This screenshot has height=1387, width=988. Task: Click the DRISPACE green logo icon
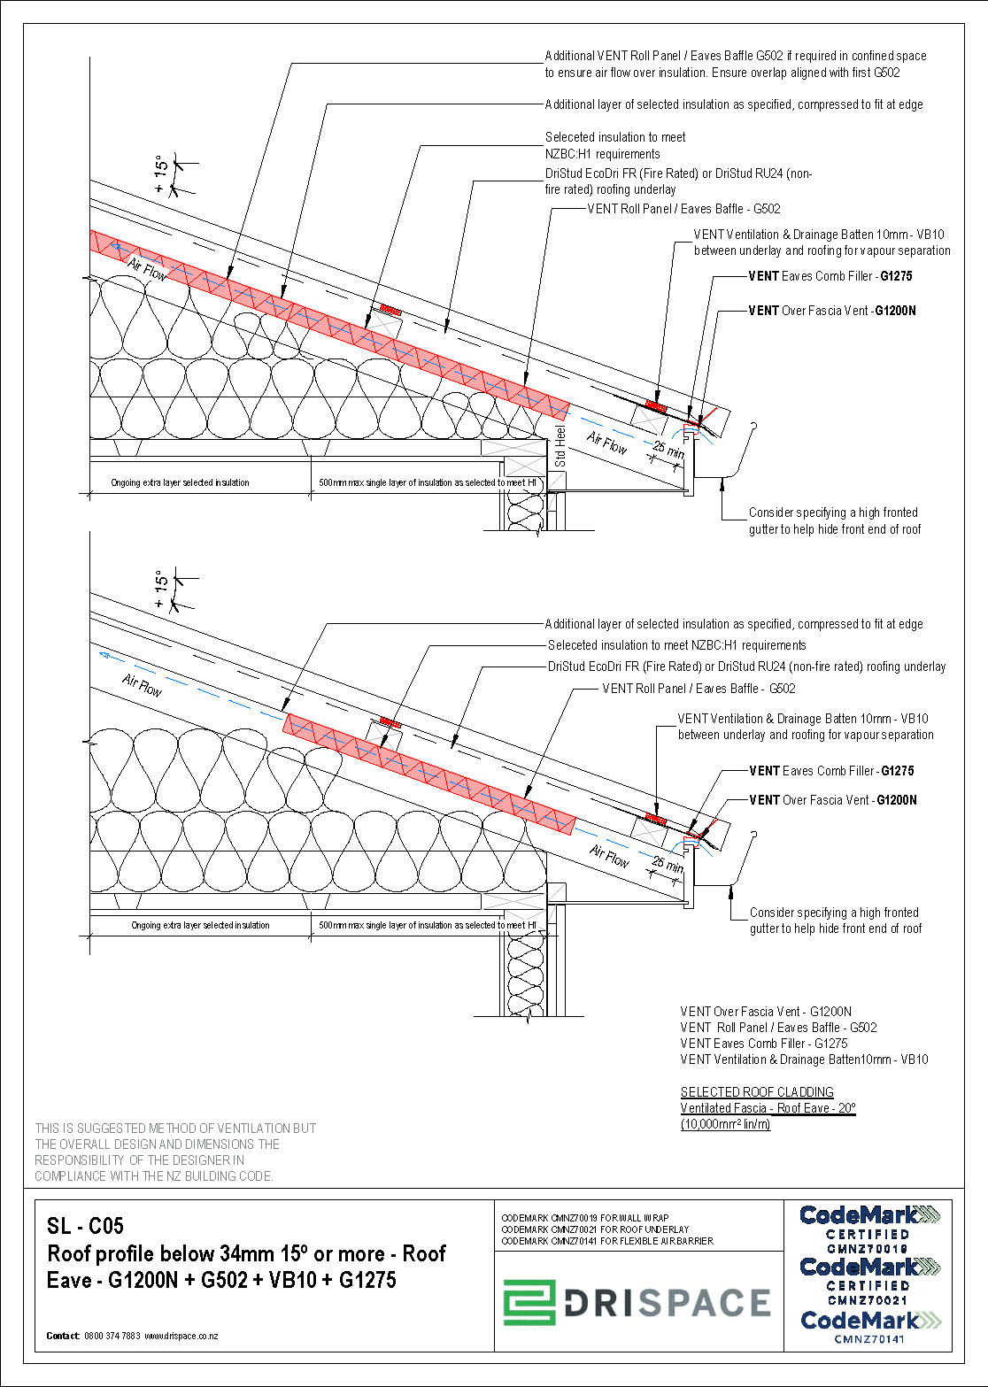point(529,1303)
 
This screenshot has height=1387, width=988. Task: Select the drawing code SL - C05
point(85,1226)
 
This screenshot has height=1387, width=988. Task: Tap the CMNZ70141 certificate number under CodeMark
point(868,1339)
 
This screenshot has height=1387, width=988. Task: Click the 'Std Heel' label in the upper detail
point(560,447)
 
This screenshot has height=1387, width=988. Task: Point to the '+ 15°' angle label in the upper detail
point(161,175)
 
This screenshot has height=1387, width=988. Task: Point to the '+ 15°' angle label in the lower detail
point(161,589)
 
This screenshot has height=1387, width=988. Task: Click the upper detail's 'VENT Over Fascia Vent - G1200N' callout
point(831,311)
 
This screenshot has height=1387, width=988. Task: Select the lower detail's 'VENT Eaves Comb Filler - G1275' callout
point(831,771)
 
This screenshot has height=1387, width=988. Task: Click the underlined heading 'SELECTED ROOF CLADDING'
point(757,1092)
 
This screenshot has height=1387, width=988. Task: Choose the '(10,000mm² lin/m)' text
point(725,1124)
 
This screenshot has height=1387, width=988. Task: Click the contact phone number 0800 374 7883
point(112,1336)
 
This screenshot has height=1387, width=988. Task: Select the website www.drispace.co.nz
point(181,1336)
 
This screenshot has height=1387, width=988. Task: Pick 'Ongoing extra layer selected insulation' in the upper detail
point(180,483)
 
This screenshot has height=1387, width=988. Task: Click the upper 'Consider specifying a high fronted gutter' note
point(834,520)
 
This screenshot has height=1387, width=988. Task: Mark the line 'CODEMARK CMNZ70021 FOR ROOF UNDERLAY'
point(595,1229)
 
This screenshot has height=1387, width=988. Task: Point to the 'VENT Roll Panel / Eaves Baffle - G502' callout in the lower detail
point(699,689)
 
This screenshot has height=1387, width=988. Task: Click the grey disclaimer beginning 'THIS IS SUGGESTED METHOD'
point(175,1152)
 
